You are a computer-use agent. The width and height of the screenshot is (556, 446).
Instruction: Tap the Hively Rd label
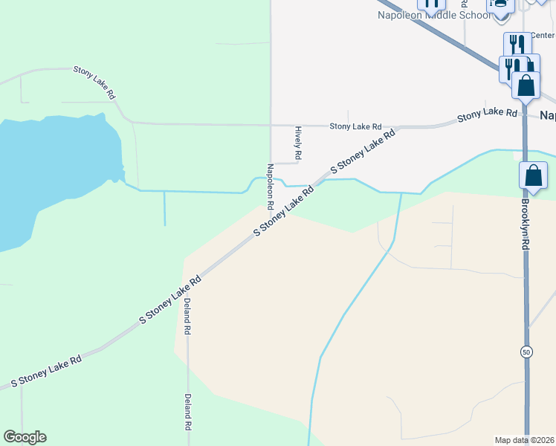click(x=297, y=143)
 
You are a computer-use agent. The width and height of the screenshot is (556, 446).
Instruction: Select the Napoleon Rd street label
click(x=271, y=186)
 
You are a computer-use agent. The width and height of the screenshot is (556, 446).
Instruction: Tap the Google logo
click(x=25, y=437)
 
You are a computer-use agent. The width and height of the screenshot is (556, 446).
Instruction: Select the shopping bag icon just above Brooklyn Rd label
click(x=534, y=177)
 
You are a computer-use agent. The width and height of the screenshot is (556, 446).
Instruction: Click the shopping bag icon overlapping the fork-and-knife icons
click(x=526, y=85)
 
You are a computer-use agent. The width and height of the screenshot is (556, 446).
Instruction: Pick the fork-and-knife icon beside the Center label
click(x=517, y=44)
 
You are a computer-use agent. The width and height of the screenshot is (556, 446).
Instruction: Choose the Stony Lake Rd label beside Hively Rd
click(x=355, y=127)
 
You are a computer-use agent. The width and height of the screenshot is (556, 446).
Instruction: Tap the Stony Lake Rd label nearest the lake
click(x=94, y=82)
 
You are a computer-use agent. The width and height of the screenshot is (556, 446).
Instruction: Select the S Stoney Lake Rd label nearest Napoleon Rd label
click(x=284, y=211)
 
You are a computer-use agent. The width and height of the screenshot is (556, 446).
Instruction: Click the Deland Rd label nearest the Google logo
click(x=188, y=413)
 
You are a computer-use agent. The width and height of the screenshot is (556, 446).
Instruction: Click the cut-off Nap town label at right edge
click(x=547, y=115)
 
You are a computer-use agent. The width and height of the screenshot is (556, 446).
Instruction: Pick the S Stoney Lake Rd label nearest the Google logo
click(x=46, y=370)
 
